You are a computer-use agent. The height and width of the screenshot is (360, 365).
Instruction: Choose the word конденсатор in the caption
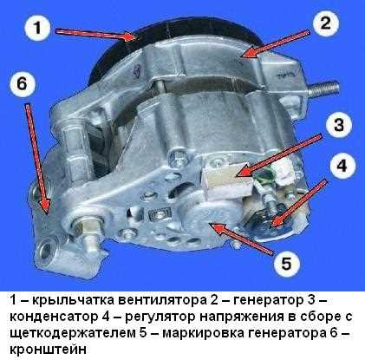coord(47,318)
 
